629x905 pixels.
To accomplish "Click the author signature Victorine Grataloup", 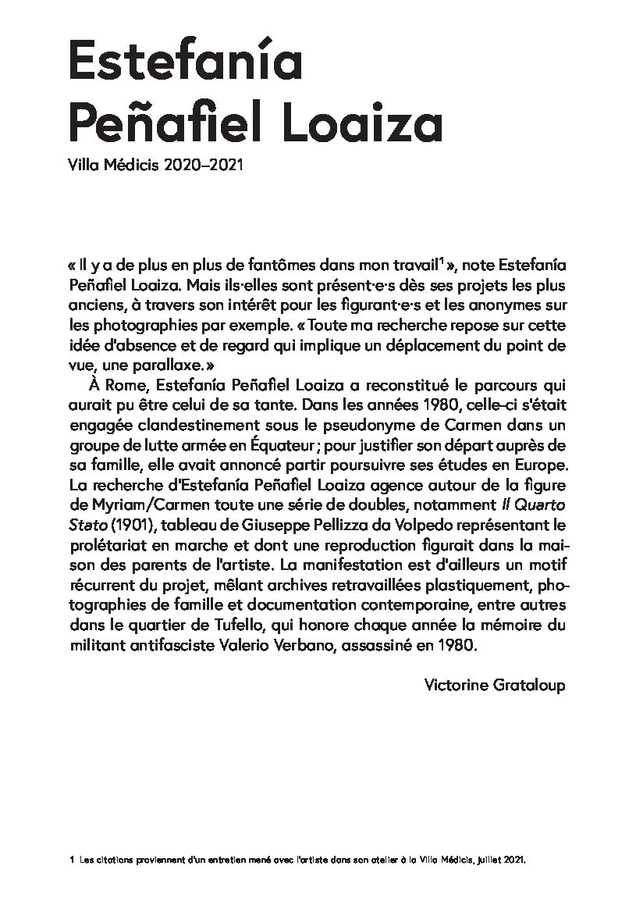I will pos(494,685).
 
